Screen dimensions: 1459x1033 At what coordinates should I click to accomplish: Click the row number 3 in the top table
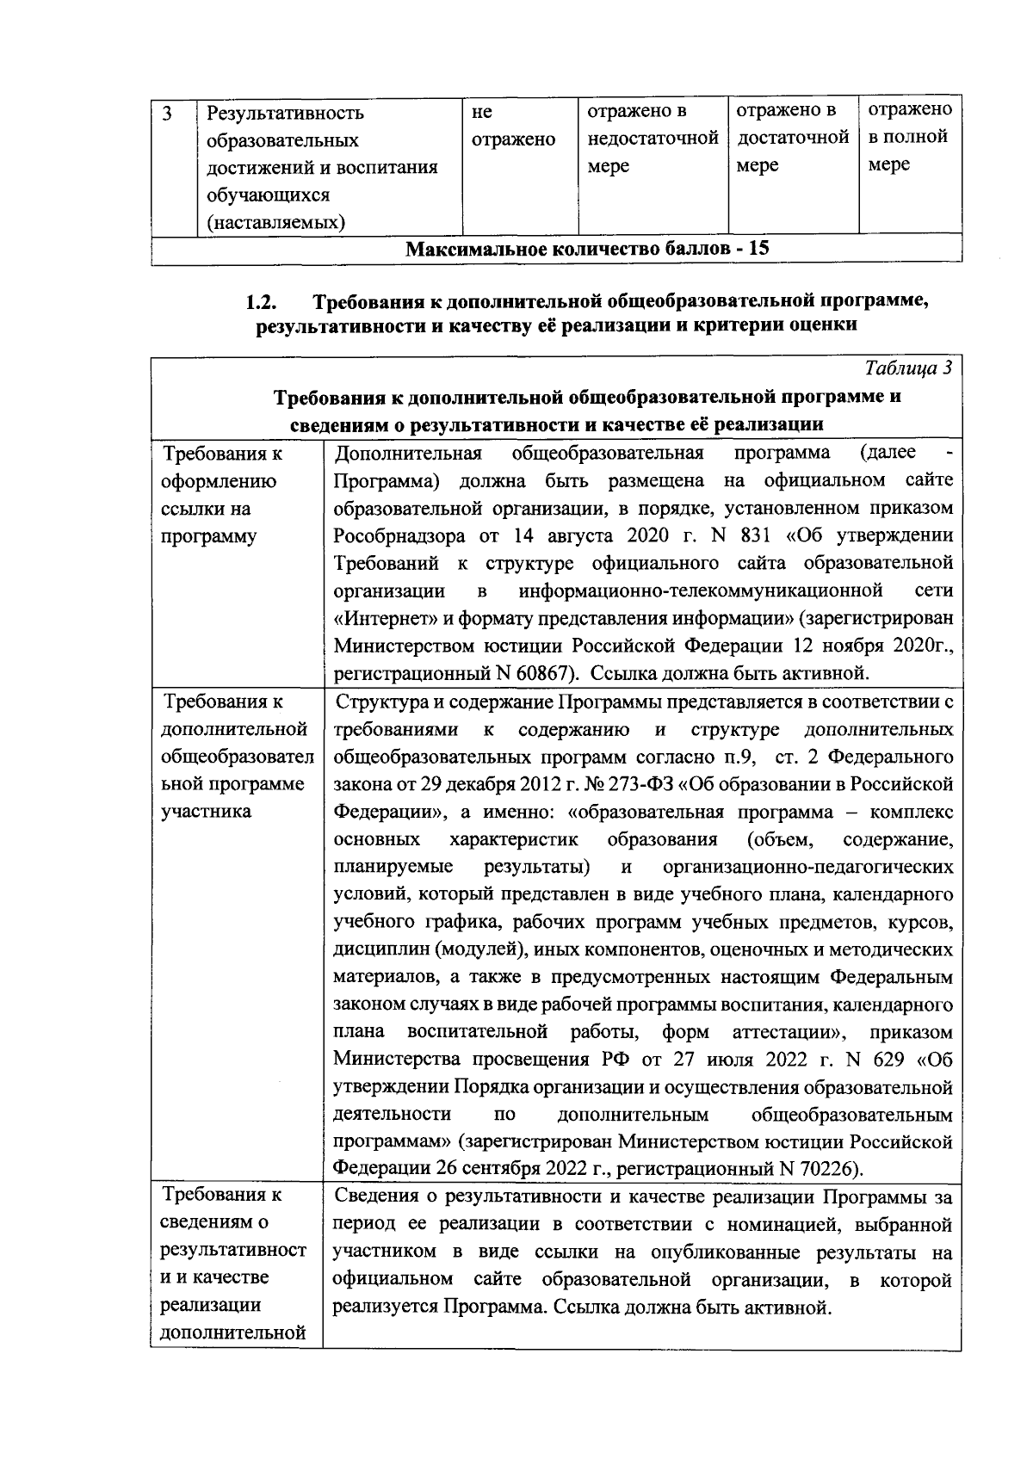pyautogui.click(x=167, y=114)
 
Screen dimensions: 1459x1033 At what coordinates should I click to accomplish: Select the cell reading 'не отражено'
pyautogui.click(x=513, y=126)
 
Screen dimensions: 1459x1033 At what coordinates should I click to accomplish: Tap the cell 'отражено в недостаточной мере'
pyautogui.click(x=652, y=138)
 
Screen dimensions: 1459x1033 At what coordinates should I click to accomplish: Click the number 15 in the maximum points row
pyautogui.click(x=758, y=249)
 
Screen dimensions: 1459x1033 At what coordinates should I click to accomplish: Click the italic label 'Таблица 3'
pyautogui.click(x=908, y=368)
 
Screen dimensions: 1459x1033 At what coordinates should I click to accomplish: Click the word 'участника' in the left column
pyautogui.click(x=206, y=812)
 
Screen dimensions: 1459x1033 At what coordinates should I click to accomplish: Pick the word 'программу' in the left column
pyautogui.click(x=209, y=536)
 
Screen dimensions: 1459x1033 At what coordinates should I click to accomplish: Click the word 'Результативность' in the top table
pyautogui.click(x=284, y=114)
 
